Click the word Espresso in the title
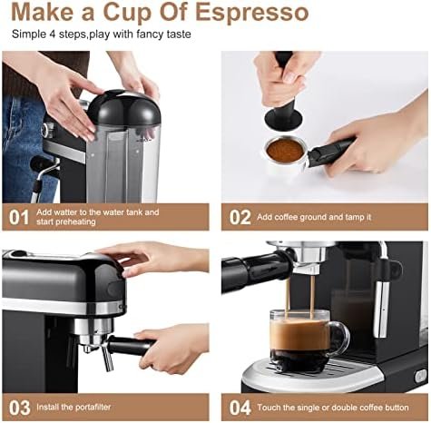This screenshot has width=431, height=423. (x=252, y=13)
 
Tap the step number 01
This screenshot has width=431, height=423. (x=19, y=217)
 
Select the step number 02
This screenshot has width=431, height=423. (x=240, y=217)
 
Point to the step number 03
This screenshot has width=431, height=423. (x=20, y=408)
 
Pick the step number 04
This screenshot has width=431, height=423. (x=240, y=408)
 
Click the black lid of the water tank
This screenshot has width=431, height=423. (x=124, y=108)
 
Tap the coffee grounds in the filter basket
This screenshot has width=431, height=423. (x=286, y=150)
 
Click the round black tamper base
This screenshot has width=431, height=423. (x=283, y=119)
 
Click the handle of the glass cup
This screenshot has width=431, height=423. (x=340, y=339)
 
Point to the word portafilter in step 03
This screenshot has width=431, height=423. (x=93, y=407)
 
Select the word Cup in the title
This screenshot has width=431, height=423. (x=128, y=13)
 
